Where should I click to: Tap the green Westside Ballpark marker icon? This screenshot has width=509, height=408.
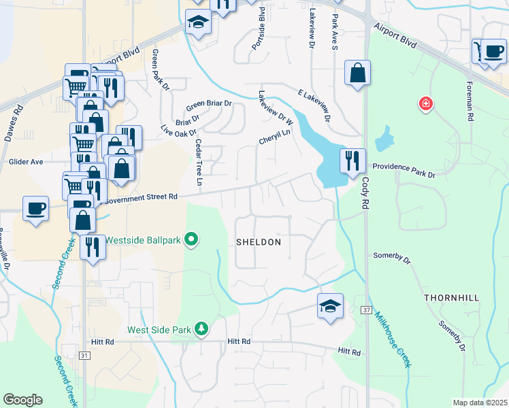point(191,239)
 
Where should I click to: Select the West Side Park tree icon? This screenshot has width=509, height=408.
point(201,329)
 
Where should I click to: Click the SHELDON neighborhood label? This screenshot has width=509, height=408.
point(258,242)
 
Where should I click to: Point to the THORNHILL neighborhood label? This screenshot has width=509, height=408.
point(452,298)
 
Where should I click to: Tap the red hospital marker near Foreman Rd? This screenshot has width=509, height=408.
point(426,103)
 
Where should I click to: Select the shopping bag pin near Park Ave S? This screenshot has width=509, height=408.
point(357,72)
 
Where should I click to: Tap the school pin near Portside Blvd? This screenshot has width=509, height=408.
point(199,22)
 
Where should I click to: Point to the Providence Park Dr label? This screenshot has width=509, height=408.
point(404,170)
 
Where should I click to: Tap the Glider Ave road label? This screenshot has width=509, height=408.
point(26,162)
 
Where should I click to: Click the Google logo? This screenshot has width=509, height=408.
point(22,400)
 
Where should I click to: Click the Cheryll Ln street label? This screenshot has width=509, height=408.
point(274,137)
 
